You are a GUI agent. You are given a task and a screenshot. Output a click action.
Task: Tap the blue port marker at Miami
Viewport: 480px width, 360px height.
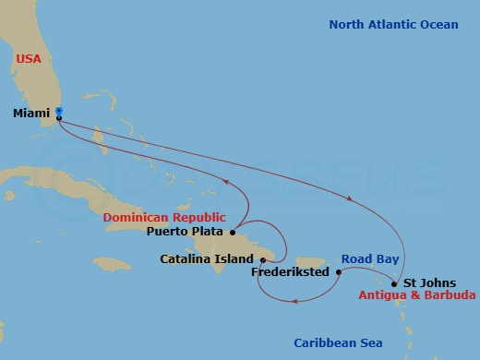[x=59, y=112]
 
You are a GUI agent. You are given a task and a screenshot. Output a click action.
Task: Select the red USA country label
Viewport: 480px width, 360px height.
[x=29, y=59]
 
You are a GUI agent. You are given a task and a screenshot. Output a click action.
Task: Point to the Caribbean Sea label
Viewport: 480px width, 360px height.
[x=338, y=342]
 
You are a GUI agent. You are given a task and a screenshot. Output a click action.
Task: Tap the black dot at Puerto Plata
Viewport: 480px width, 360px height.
[x=233, y=232]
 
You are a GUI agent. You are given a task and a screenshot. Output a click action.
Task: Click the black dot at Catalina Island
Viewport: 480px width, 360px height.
[x=263, y=259]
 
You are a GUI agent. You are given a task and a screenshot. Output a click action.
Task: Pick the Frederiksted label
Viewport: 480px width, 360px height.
[x=293, y=273]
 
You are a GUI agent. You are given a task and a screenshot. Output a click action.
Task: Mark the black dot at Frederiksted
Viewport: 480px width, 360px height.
[x=339, y=272]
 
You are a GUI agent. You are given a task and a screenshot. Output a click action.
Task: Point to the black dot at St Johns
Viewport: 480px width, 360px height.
[x=394, y=283]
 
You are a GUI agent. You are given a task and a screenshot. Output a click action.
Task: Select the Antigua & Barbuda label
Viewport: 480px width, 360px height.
[x=418, y=296]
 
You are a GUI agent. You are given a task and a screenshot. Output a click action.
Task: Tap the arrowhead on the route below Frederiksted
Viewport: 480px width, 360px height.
[x=294, y=300]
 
